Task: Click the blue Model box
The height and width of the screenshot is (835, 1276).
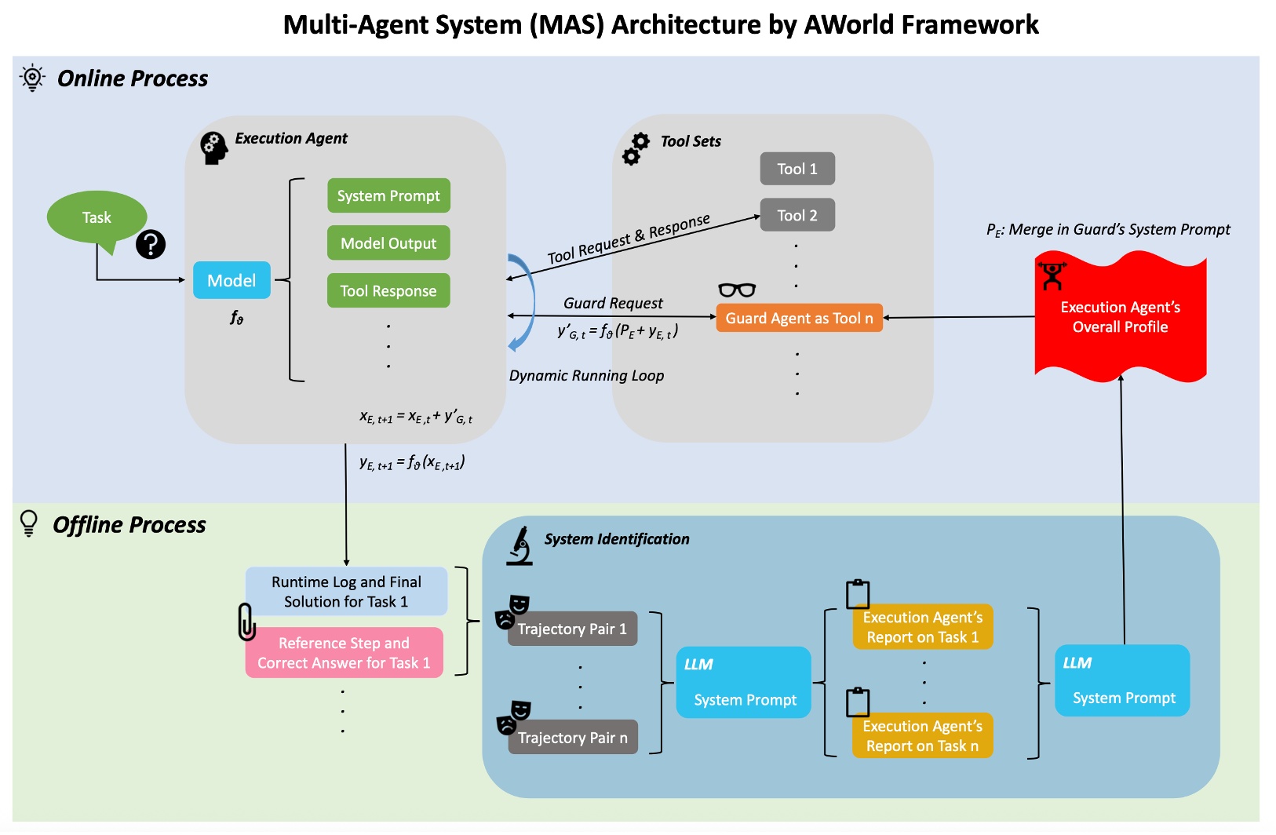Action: [x=232, y=280]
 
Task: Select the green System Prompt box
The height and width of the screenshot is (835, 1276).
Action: [x=388, y=195]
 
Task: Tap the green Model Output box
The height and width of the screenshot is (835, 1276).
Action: [x=388, y=243]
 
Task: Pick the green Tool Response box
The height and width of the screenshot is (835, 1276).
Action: [x=388, y=290]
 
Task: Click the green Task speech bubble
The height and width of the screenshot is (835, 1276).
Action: [x=97, y=217]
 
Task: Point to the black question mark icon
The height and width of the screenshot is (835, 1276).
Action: [x=151, y=245]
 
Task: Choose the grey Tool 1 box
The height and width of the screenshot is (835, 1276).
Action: [x=797, y=169]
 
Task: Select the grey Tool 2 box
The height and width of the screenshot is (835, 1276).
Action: [x=797, y=215]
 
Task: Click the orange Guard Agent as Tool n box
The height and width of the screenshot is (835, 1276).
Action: [x=799, y=318]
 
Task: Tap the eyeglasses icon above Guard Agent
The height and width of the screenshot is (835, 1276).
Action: [x=737, y=290]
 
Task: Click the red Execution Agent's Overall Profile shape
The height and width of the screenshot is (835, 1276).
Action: [x=1120, y=317]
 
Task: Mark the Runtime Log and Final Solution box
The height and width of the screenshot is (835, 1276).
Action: [x=346, y=592]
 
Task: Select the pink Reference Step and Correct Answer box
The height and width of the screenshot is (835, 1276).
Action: [x=344, y=652]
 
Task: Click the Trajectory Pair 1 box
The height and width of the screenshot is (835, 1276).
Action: [x=572, y=629]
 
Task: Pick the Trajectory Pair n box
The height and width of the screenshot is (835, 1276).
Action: [x=572, y=738]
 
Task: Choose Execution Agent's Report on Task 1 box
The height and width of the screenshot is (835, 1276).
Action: [x=922, y=627]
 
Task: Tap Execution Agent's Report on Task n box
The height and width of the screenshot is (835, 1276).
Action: [x=922, y=736]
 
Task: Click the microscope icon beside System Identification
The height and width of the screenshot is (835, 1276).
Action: [x=520, y=546]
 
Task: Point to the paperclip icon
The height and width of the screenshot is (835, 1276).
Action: [x=246, y=622]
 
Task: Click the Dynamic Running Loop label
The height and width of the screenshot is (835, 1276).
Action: [x=586, y=375]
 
